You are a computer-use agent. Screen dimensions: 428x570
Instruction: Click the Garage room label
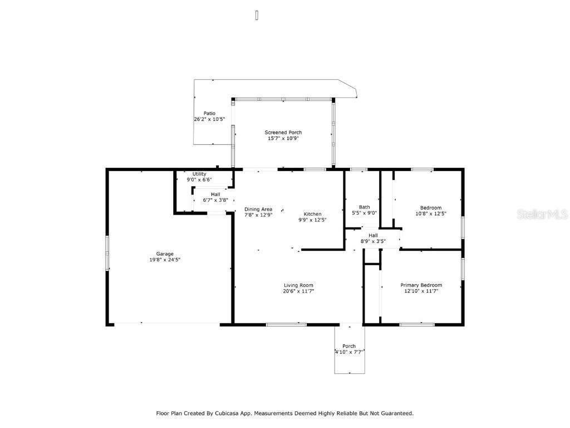pos(164,254)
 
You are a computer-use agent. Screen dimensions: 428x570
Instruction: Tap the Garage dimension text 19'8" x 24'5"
pos(164,260)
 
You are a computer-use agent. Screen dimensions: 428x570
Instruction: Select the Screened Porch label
pos(283,133)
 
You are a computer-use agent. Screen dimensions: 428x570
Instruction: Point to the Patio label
pos(209,114)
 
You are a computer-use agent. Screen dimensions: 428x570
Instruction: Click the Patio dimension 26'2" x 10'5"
pos(209,119)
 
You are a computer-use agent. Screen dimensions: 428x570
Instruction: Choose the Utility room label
pos(199,174)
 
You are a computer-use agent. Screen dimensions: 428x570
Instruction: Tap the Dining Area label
pos(258,209)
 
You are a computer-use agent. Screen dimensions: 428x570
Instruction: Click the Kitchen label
pos(312,214)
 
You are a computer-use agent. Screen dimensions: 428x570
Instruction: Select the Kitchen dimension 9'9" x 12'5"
pos(312,220)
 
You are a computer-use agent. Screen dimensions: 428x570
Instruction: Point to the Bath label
pos(364,207)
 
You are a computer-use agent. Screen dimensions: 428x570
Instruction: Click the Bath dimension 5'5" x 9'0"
pos(364,212)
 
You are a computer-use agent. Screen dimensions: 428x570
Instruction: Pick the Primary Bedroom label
pos(421,285)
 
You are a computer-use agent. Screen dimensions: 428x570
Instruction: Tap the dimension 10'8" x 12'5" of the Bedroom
pos(431,213)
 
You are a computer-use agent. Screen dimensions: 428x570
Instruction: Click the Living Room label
pos(298,285)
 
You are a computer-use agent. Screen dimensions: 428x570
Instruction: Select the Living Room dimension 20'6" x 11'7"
pos(298,291)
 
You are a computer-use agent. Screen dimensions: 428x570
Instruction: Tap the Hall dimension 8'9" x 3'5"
pos(373,241)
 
